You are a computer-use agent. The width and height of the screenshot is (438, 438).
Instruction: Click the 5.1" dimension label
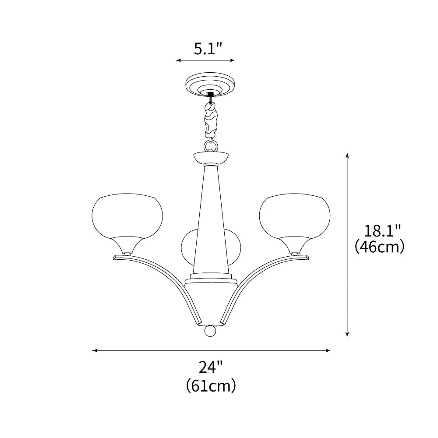point(208,48)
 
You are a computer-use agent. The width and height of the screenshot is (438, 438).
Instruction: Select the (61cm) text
point(211,386)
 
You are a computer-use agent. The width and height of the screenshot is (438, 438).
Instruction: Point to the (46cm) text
point(379,247)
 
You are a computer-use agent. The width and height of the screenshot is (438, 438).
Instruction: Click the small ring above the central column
point(210,145)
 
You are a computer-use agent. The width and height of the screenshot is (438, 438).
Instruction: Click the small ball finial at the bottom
point(210,331)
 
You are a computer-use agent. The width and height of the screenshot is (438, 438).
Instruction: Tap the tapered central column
point(210,219)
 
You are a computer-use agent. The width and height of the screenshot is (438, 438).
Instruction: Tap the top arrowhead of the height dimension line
point(347,154)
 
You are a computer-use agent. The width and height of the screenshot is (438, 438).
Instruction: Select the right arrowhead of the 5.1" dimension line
point(233,60)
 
